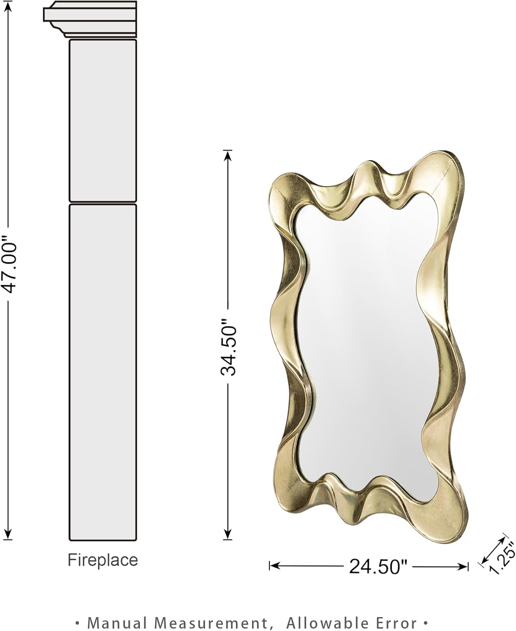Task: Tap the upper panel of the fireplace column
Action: [102, 120]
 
